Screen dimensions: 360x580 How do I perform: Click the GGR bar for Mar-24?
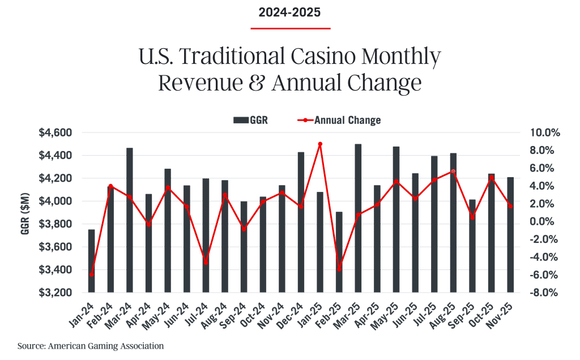[130, 221]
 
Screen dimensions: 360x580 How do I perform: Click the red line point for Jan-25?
[320, 144]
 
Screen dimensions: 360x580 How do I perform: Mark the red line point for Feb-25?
[339, 269]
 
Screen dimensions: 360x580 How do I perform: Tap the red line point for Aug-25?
[453, 171]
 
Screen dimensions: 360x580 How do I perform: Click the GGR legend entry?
[250, 120]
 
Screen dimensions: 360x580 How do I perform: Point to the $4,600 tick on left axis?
[56, 132]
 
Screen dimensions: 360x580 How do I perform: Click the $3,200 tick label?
[56, 293]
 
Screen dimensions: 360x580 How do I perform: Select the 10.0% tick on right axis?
[544, 132]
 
